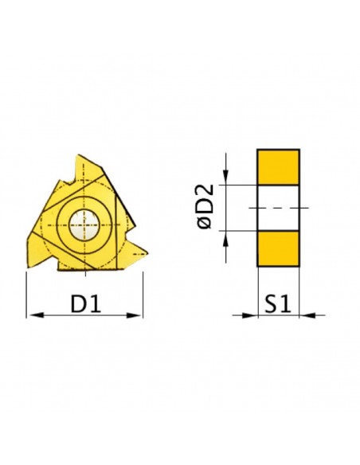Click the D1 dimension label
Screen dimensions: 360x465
click(86, 303)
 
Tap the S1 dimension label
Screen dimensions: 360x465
click(278, 303)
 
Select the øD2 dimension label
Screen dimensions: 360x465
click(205, 206)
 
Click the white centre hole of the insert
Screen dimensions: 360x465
click(84, 225)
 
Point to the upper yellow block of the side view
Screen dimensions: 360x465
click(278, 167)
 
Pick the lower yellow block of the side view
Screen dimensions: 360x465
click(278, 248)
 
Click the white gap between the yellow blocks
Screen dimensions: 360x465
click(278, 208)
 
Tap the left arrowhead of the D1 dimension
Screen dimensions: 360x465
click(35, 315)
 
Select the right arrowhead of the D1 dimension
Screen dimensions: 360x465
click(134, 315)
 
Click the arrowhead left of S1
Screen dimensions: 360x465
click(249, 315)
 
